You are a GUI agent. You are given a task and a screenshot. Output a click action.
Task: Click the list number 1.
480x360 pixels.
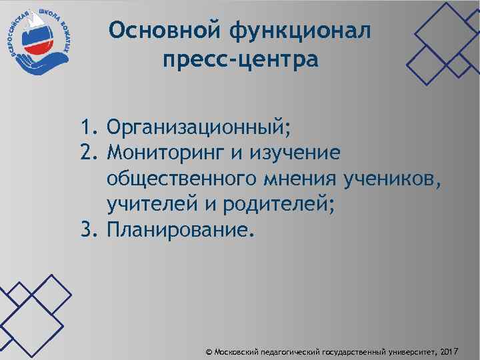tap(90, 127)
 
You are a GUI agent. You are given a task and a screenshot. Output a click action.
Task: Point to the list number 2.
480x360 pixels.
tap(90, 153)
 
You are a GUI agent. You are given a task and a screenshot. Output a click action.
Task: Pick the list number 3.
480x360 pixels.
tap(90, 231)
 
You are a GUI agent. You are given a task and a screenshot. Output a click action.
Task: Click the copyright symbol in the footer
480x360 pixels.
tap(209, 351)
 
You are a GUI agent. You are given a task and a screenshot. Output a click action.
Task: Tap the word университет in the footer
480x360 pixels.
tap(411, 351)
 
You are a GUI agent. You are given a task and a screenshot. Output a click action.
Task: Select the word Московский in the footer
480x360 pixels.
tap(236, 351)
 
